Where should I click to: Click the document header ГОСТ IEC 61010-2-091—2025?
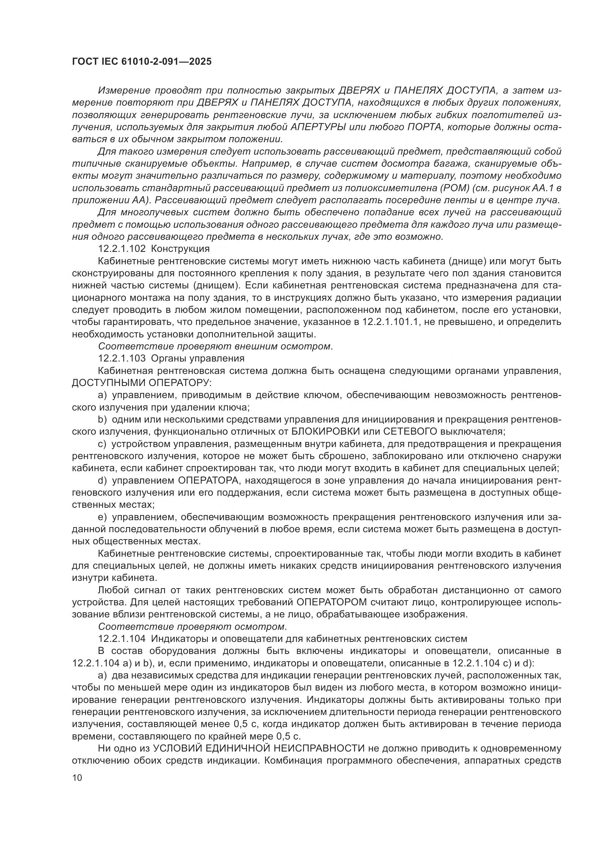tap(142, 61)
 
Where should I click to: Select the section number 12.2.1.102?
tap(122, 248)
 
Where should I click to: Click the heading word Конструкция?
tap(180, 248)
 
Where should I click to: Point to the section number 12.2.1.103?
tap(122, 359)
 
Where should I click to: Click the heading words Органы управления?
tap(198, 359)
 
